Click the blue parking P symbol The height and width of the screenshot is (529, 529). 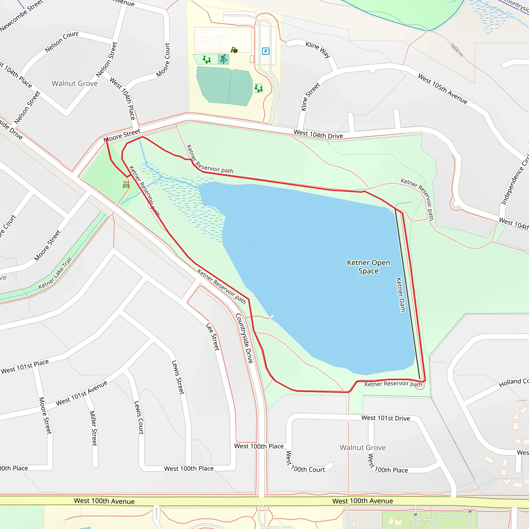pyautogui.click(x=265, y=51)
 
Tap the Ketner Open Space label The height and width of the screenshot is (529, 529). pyautogui.click(x=368, y=267)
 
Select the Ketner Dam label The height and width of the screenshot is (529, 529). pyautogui.click(x=401, y=295)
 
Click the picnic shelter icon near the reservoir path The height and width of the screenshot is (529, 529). pyautogui.click(x=126, y=185)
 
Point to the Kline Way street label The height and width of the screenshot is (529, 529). pyautogui.click(x=318, y=49)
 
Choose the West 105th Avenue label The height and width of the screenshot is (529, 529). pyautogui.click(x=442, y=89)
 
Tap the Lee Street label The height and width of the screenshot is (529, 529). pyautogui.click(x=213, y=337)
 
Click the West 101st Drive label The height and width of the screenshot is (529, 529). pyautogui.click(x=386, y=418)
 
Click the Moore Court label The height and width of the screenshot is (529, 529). pyautogui.click(x=163, y=60)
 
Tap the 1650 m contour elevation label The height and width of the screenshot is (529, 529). pyautogui.click(x=456, y=50)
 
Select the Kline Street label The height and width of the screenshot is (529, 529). pyautogui.click(x=310, y=97)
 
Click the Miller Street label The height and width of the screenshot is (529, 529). pyautogui.click(x=93, y=428)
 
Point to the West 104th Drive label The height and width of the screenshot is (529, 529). pyautogui.click(x=318, y=134)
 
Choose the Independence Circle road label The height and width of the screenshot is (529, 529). pyautogui.click(x=515, y=179)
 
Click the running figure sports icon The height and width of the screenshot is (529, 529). pyautogui.click(x=224, y=59)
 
